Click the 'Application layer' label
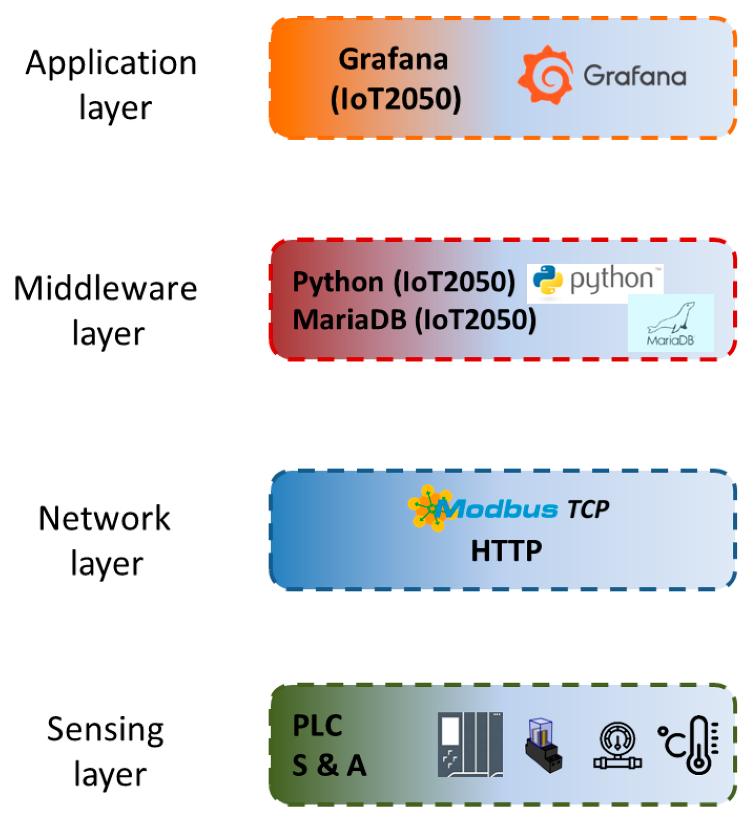tap(111, 85)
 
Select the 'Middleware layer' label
tap(106, 310)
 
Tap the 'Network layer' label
tap(105, 540)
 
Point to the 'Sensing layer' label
tap(106, 751)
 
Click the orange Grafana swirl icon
tap(545, 75)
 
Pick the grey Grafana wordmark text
tap(635, 76)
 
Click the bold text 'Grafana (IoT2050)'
tap(395, 79)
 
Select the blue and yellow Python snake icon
tap(548, 280)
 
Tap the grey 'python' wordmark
tap(612, 279)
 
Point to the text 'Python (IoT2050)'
tap(404, 281)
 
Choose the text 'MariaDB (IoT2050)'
tap(414, 320)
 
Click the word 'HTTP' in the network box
tap(506, 551)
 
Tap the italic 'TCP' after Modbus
tap(588, 509)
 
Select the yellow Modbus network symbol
tap(428, 508)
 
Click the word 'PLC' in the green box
tap(317, 726)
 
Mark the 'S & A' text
tap(329, 765)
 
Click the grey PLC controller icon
tap(470, 744)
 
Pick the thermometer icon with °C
tap(690, 744)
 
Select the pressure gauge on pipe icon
tap(617, 746)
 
